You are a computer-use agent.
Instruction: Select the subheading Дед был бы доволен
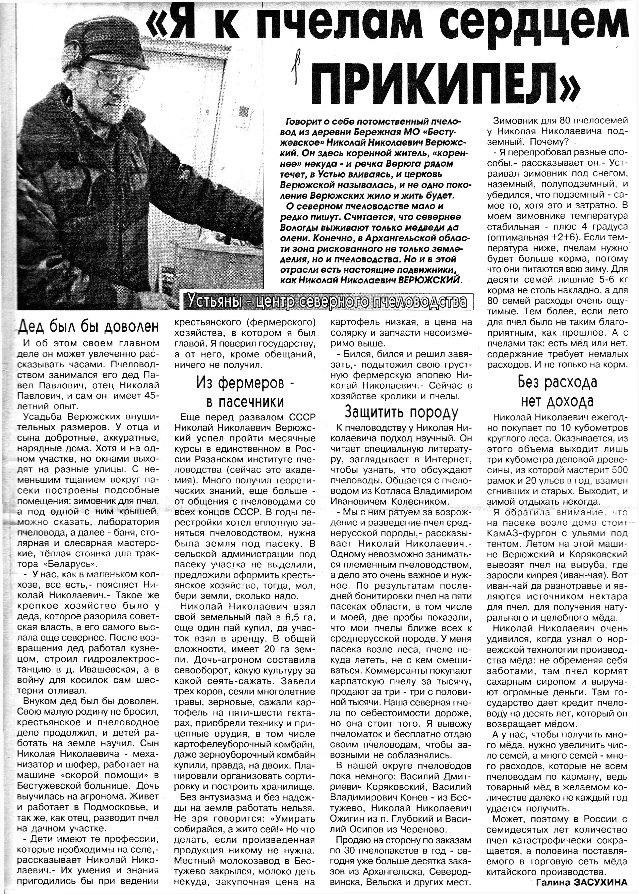(89, 326)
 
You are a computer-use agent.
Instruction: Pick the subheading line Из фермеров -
(246, 384)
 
